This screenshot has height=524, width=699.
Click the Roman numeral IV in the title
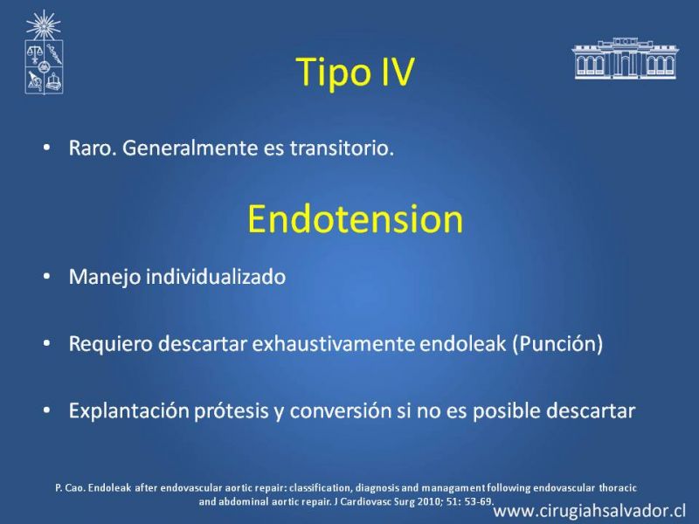click(398, 72)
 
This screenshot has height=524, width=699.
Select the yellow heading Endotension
click(356, 219)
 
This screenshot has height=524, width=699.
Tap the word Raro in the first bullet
click(93, 148)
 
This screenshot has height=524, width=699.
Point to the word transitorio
click(342, 148)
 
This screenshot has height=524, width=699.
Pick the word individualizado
click(216, 277)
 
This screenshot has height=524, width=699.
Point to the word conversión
click(341, 410)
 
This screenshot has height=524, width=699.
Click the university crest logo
click(43, 52)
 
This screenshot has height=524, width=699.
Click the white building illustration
click(625, 59)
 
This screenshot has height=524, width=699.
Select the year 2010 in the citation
click(430, 501)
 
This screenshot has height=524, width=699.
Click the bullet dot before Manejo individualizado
click(47, 277)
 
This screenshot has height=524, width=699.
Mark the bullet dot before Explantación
click(47, 410)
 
